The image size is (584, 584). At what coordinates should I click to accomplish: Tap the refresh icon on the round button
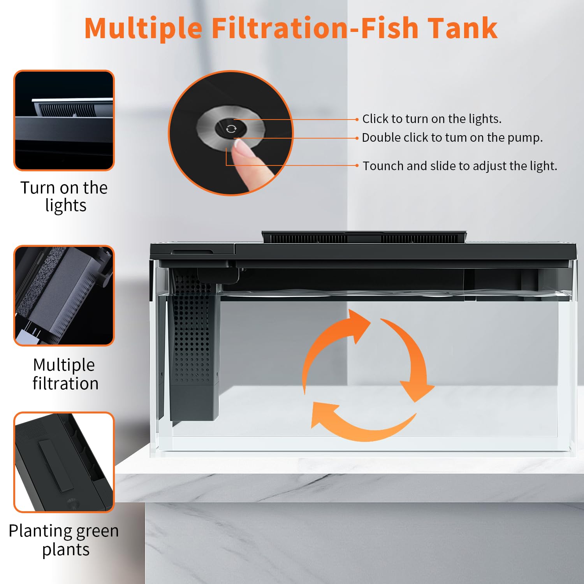pyautogui.click(x=231, y=129)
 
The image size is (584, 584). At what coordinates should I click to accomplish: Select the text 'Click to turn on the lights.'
pyautogui.click(x=431, y=119)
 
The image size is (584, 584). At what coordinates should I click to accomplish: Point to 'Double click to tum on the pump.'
pyautogui.click(x=452, y=137)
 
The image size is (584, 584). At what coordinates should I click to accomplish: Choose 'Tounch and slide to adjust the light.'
pyautogui.click(x=460, y=166)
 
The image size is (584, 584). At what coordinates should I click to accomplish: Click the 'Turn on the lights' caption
pyautogui.click(x=64, y=196)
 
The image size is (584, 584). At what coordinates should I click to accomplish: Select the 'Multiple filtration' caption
pyautogui.click(x=65, y=374)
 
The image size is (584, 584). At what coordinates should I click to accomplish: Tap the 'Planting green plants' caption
pyautogui.click(x=64, y=540)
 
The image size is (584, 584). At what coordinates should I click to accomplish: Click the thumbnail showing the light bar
pyautogui.click(x=64, y=120)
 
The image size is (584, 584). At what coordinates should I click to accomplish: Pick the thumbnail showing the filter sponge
pyautogui.click(x=64, y=296)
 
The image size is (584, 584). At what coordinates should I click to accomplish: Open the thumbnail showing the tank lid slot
pyautogui.click(x=64, y=462)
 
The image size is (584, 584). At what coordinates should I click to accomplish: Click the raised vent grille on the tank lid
pyautogui.click(x=364, y=237)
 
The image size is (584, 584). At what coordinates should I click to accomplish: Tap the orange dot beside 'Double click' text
pyautogui.click(x=357, y=138)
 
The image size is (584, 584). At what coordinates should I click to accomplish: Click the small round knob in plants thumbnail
pyautogui.click(x=72, y=503)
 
